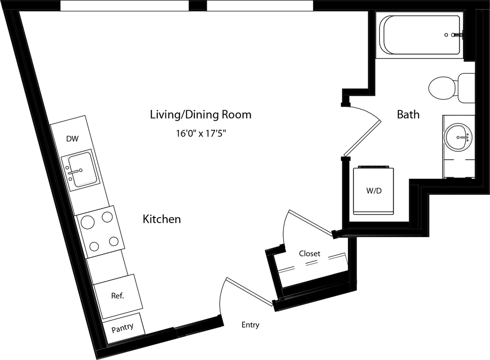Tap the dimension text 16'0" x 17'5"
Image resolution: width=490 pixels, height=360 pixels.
200,134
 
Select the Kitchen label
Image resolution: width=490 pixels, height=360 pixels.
162,219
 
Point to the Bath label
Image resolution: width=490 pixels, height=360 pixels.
408,114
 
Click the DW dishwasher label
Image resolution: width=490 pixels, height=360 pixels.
72,139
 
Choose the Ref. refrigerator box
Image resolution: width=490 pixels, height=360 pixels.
118,296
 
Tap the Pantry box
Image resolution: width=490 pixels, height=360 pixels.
123,328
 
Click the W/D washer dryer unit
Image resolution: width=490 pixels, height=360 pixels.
374,191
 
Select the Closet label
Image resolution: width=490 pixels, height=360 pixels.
309,253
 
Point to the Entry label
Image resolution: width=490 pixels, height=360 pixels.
250,325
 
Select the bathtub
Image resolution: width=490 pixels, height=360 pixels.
421,35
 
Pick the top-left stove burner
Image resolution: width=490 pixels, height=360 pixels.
88,222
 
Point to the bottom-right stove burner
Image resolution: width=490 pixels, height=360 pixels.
113,242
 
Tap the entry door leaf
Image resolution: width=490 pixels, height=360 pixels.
250,292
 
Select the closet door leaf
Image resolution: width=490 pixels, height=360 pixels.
310,222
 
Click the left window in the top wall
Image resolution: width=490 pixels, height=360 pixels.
124,6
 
